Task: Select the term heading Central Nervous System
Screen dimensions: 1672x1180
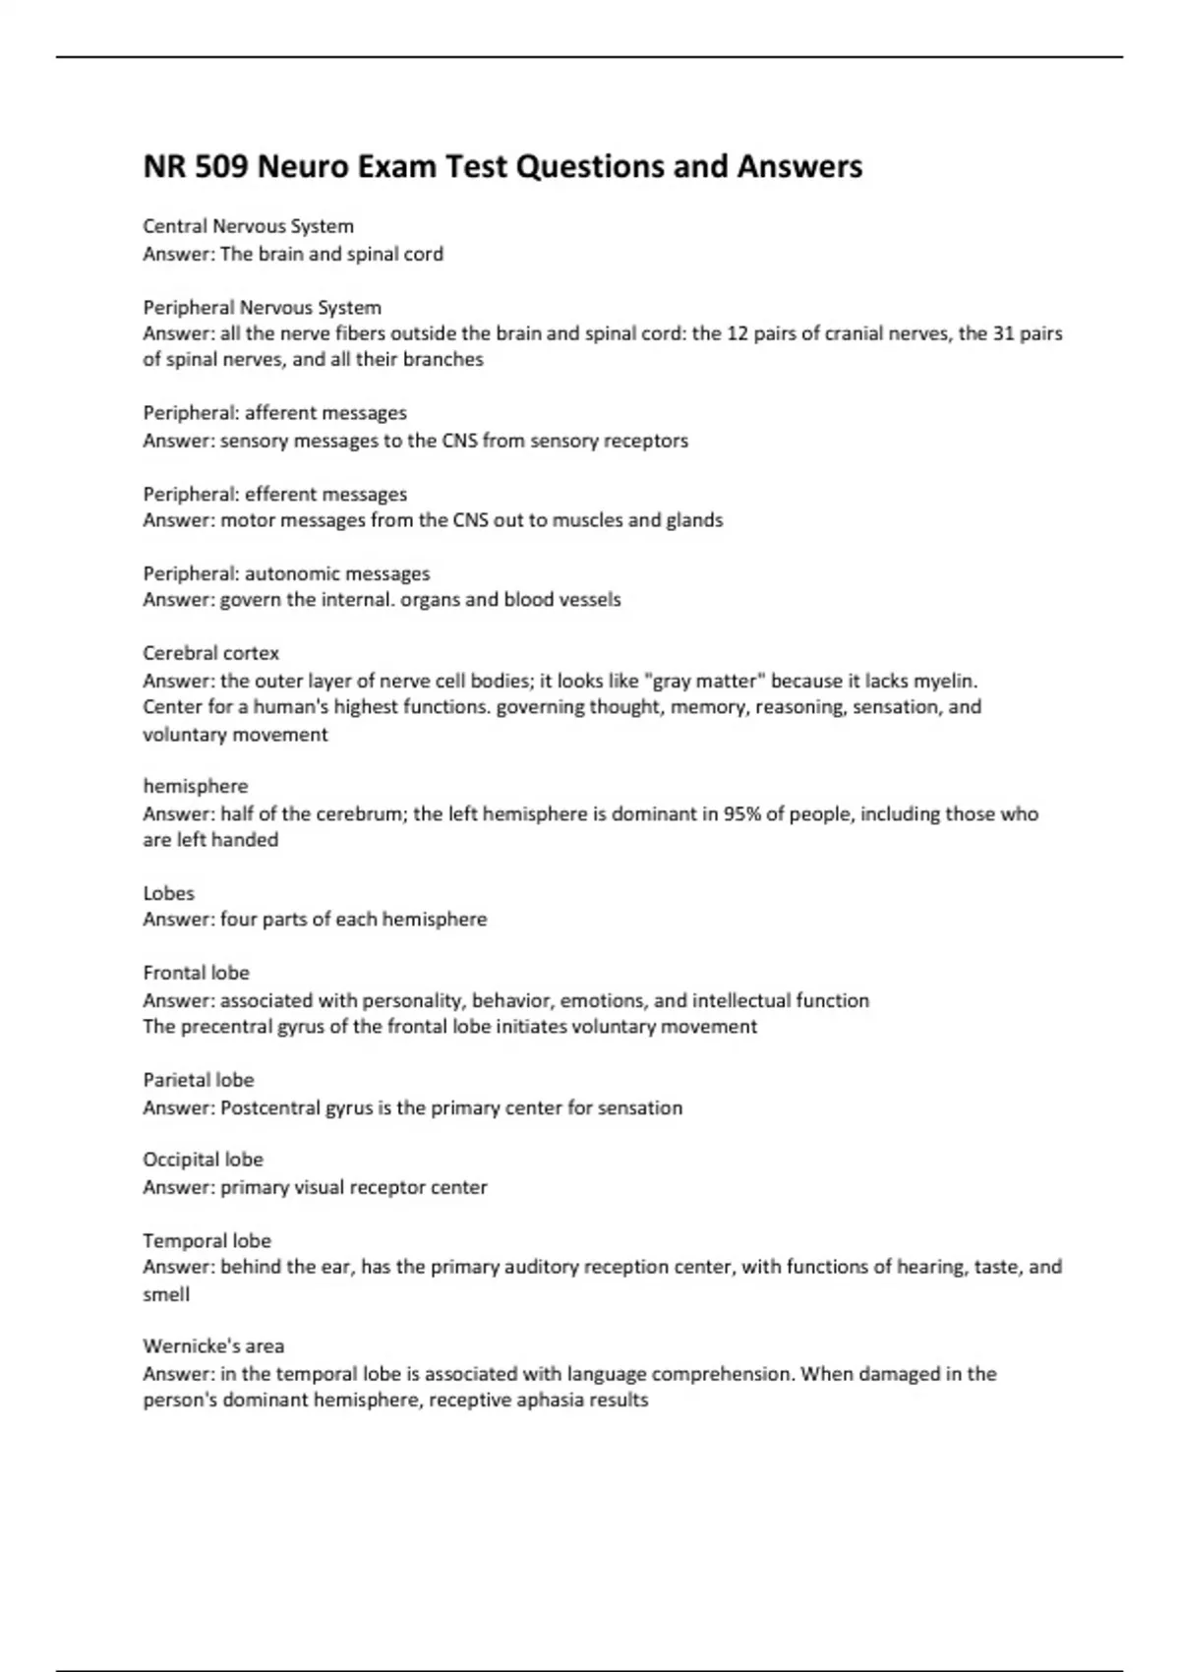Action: click(248, 226)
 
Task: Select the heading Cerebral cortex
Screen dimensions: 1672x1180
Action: click(210, 653)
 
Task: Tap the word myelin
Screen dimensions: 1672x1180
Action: click(945, 681)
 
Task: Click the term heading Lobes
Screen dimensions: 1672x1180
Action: click(168, 893)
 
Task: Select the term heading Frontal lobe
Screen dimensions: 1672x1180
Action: click(196, 973)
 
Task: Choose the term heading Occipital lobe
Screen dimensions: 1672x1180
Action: click(203, 1160)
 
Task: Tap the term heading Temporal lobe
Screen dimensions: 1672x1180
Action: click(206, 1240)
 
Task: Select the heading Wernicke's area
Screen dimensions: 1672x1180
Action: click(213, 1345)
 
